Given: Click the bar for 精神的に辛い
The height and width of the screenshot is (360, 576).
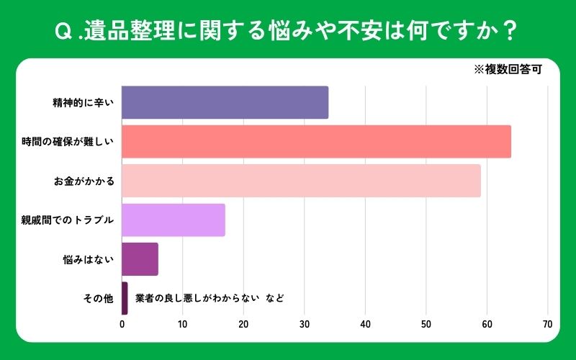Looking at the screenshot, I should (x=225, y=102).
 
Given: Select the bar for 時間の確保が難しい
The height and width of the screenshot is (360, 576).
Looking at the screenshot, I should (x=316, y=141).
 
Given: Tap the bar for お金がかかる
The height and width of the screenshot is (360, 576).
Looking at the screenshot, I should (x=301, y=181).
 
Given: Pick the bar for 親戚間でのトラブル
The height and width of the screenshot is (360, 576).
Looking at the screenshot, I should (x=174, y=220).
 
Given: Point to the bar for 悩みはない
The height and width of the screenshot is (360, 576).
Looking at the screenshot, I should (x=140, y=259).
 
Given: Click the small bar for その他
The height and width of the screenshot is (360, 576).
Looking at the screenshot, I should (x=125, y=298).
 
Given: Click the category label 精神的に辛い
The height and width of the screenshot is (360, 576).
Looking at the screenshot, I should (x=83, y=102).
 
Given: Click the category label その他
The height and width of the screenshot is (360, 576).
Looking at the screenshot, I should (x=99, y=298).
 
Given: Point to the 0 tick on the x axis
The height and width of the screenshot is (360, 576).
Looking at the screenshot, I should (x=122, y=324).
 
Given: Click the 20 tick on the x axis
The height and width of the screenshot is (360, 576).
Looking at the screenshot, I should (x=243, y=324).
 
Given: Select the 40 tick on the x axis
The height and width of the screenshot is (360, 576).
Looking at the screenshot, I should (x=366, y=324).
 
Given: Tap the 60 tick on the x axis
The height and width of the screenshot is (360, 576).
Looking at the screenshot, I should (x=487, y=324).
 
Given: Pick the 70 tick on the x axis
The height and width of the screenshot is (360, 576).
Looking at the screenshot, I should (x=548, y=324).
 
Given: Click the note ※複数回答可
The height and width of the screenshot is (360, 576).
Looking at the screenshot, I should (x=507, y=71).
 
